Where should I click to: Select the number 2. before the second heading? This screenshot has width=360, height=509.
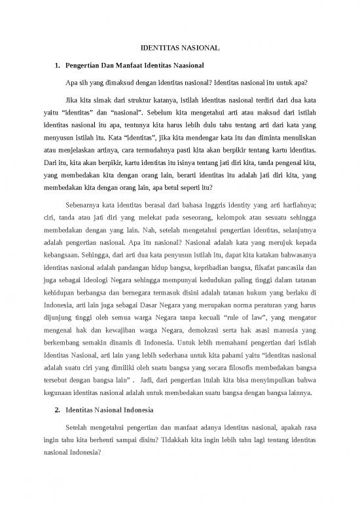coord(58,410)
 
